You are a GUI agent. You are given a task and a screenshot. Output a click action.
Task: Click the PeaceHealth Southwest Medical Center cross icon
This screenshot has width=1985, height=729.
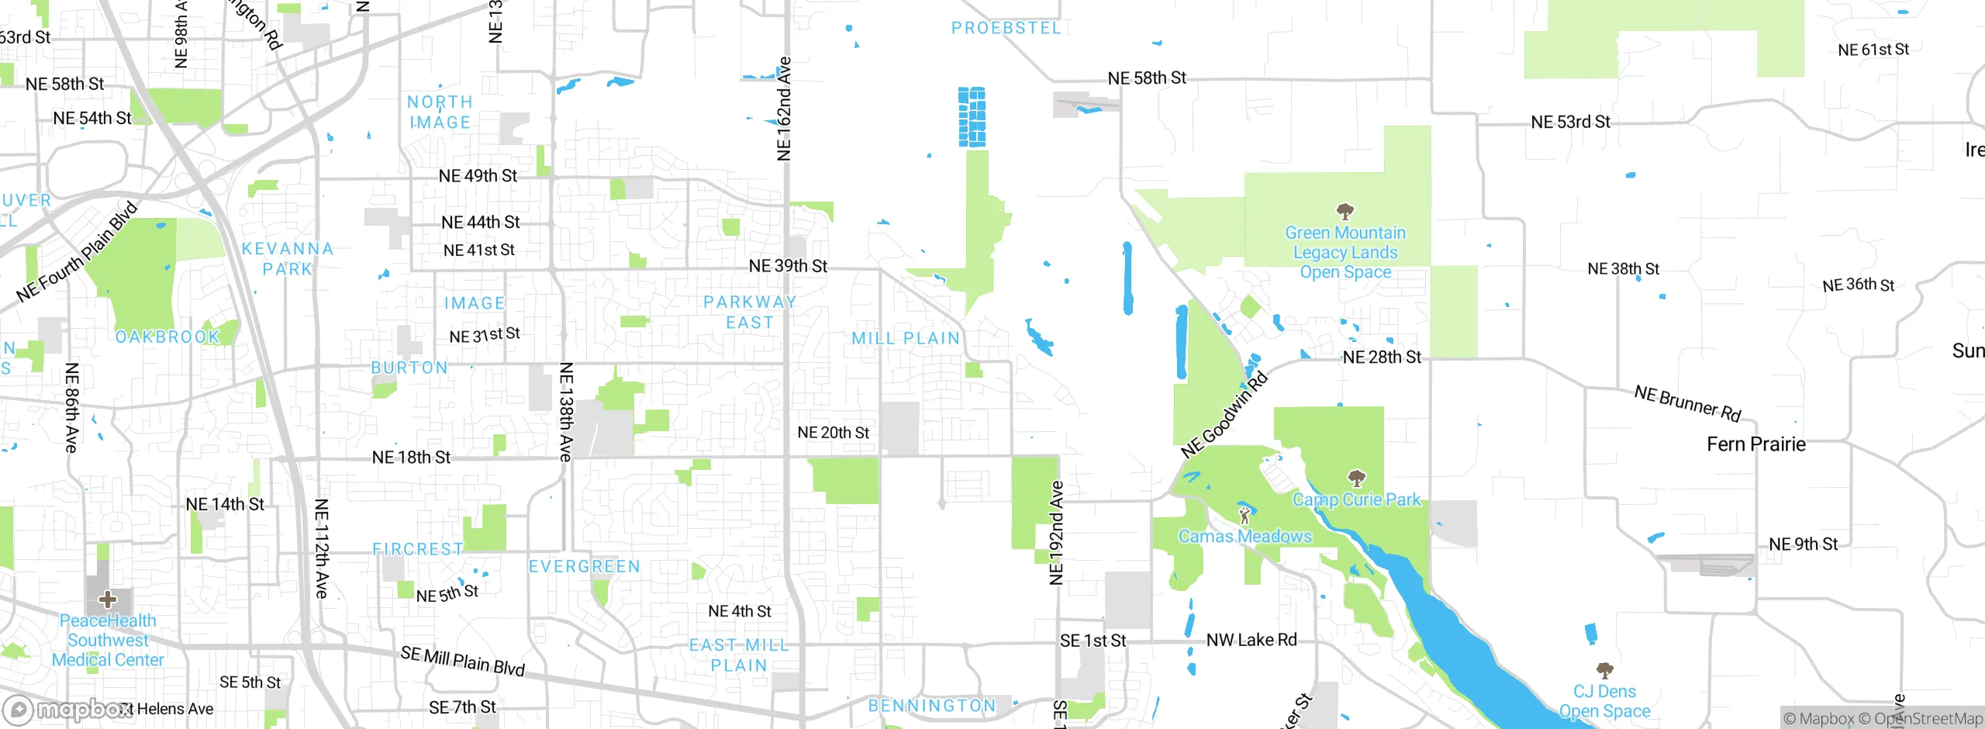[108, 599]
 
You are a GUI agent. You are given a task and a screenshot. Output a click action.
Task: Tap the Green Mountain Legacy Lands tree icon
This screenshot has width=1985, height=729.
[1345, 211]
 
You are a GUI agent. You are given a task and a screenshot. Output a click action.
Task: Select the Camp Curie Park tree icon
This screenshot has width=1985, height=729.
[1356, 478]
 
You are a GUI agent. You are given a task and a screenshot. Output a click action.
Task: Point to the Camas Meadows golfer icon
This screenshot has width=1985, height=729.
[1245, 515]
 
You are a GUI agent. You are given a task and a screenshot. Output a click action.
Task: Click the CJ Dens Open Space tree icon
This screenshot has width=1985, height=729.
[1604, 670]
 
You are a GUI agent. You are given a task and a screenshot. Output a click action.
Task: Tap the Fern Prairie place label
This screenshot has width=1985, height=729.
[1756, 444]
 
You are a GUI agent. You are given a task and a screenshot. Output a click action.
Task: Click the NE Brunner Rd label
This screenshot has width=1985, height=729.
[1687, 403]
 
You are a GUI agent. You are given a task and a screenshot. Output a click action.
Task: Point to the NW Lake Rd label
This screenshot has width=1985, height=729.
[1251, 641]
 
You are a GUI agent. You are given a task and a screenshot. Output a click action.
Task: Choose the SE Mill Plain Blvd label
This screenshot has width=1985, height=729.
[463, 661]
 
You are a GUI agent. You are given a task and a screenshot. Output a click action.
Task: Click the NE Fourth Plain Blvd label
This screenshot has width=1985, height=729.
[77, 252]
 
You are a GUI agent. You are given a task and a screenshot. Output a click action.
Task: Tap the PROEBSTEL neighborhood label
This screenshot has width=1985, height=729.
[1006, 28]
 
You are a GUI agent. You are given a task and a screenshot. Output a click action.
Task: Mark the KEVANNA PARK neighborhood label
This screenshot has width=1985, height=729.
[287, 259]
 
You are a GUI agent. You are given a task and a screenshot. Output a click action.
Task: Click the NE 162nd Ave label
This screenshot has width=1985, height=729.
[784, 109]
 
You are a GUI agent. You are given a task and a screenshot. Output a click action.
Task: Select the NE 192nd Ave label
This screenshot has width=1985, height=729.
[1056, 533]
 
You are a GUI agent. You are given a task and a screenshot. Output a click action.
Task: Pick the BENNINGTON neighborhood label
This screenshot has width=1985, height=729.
[932, 706]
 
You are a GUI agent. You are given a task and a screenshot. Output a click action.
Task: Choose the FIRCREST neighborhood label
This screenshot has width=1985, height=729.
[417, 549]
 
